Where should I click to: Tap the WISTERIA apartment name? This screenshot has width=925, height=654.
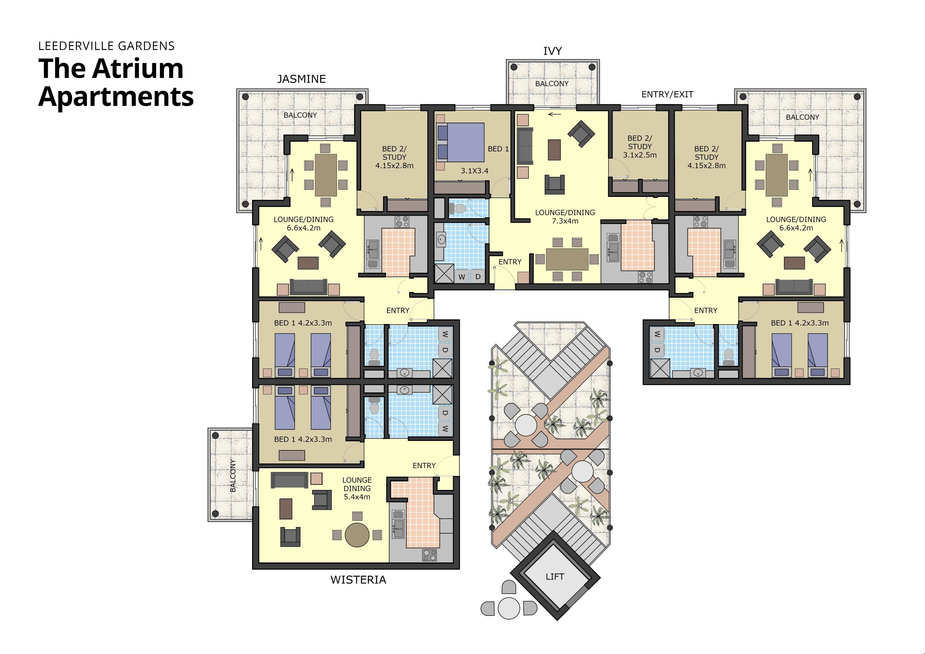(358, 580)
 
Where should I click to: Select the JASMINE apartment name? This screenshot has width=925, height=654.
(301, 79)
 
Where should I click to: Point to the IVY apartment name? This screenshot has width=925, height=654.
(552, 51)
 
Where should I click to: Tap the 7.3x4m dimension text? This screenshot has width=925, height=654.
(565, 221)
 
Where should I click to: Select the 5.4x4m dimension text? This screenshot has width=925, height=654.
(357, 497)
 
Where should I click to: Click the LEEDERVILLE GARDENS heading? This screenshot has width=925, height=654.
(106, 46)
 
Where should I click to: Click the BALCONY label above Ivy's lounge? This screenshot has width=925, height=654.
(552, 84)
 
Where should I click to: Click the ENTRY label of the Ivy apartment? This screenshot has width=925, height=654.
(510, 262)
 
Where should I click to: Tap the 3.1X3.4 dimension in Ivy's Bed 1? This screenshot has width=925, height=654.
(475, 171)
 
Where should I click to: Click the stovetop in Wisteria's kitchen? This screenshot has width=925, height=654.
(429, 555)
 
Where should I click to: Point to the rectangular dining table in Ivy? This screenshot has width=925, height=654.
(567, 259)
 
